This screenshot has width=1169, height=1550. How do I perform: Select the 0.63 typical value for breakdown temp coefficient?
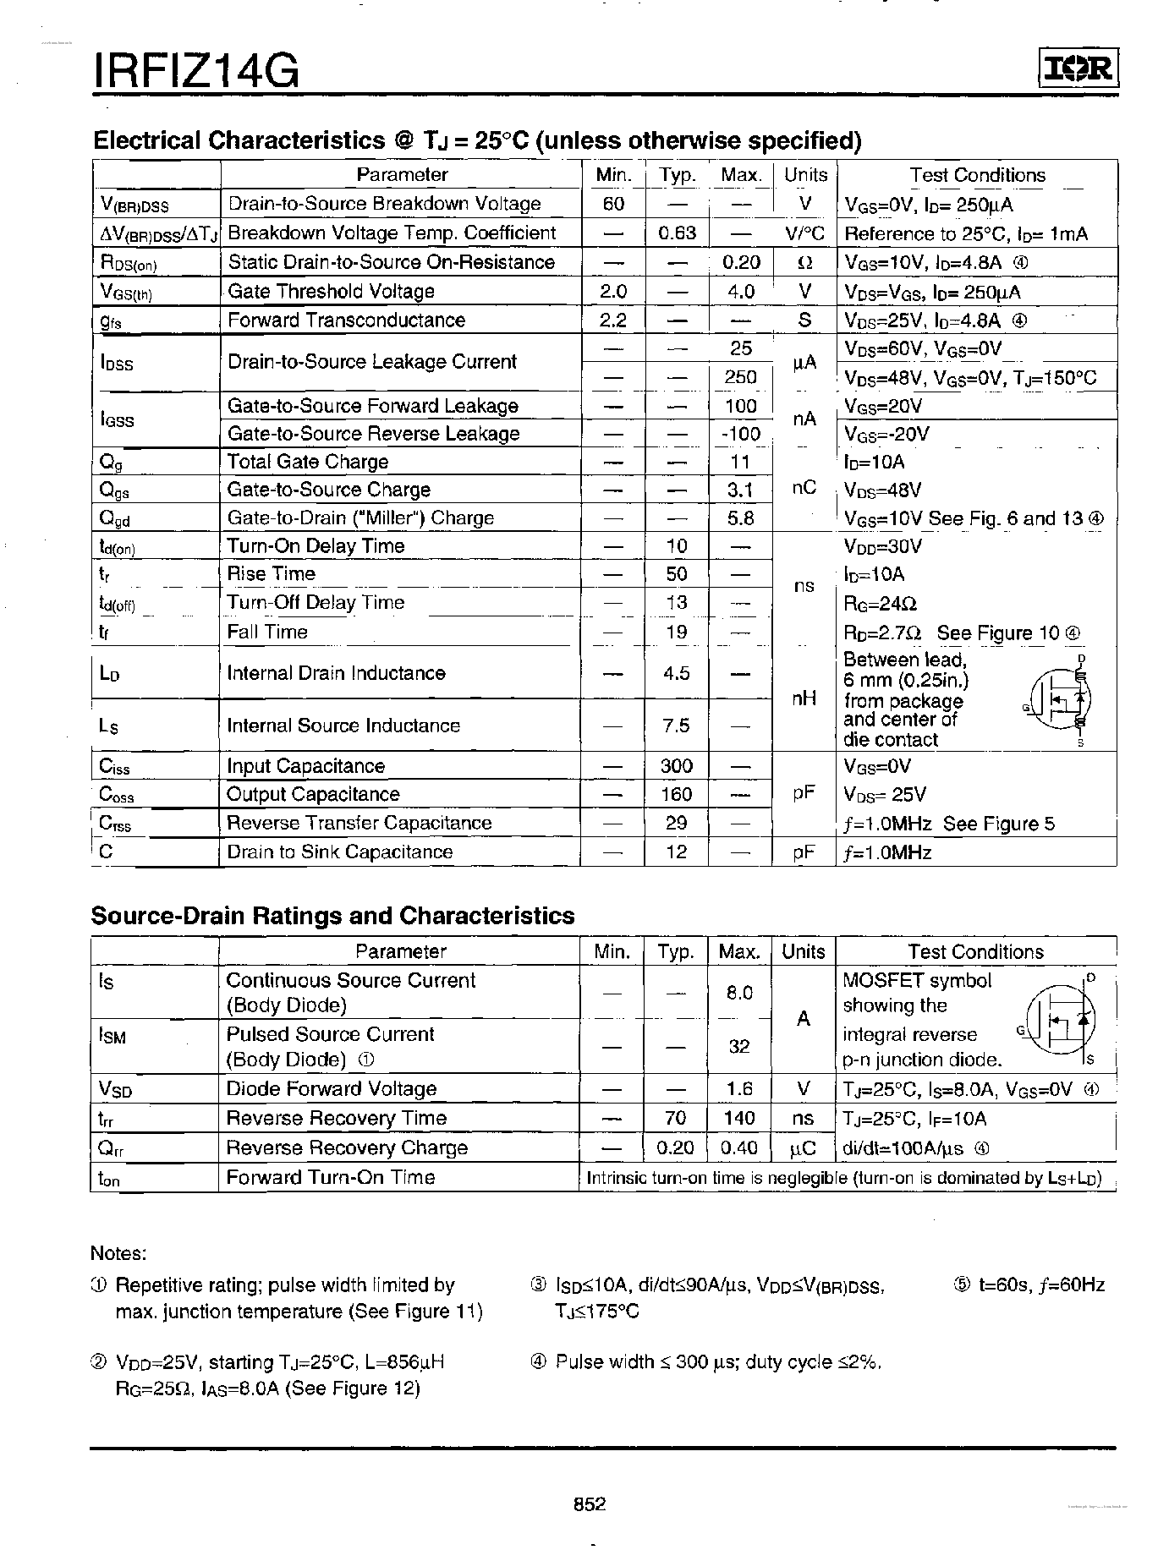(677, 233)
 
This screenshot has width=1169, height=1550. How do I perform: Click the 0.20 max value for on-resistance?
(740, 262)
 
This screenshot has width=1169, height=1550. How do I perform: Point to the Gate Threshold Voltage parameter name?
(332, 291)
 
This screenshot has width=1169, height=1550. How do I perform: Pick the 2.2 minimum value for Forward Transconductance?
(612, 320)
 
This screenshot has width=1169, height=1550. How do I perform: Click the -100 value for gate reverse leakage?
(740, 434)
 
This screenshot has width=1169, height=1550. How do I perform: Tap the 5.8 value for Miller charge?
(740, 518)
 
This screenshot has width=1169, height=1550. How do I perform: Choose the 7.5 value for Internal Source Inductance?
(677, 726)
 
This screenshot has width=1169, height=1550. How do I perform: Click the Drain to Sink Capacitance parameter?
(339, 852)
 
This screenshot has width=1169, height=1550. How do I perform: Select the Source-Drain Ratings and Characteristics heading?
(332, 916)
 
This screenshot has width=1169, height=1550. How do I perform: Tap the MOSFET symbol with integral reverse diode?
(1061, 1019)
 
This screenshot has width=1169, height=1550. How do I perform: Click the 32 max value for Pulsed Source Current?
(739, 1046)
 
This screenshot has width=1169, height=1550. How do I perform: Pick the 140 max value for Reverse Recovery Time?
(739, 1118)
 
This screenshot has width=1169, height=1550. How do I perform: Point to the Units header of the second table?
(803, 951)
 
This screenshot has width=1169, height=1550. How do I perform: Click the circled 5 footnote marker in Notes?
(962, 1284)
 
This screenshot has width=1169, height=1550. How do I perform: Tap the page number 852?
(590, 1503)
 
